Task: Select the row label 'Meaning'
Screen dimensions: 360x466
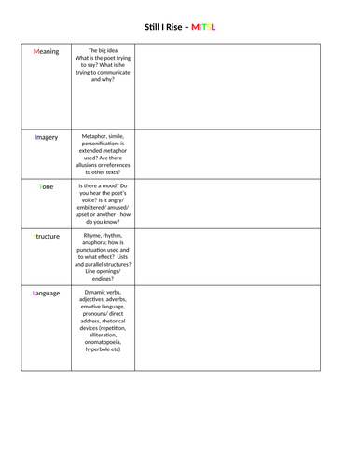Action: pos(46,52)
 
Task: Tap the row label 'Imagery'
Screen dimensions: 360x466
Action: pos(46,137)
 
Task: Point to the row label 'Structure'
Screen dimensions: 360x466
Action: pos(46,236)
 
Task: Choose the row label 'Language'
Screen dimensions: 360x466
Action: pos(46,293)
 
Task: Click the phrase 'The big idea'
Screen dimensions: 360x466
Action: pos(105,51)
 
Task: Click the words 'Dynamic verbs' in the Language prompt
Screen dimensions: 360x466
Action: pos(105,293)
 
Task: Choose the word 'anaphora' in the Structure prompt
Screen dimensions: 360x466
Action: pos(100,243)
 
